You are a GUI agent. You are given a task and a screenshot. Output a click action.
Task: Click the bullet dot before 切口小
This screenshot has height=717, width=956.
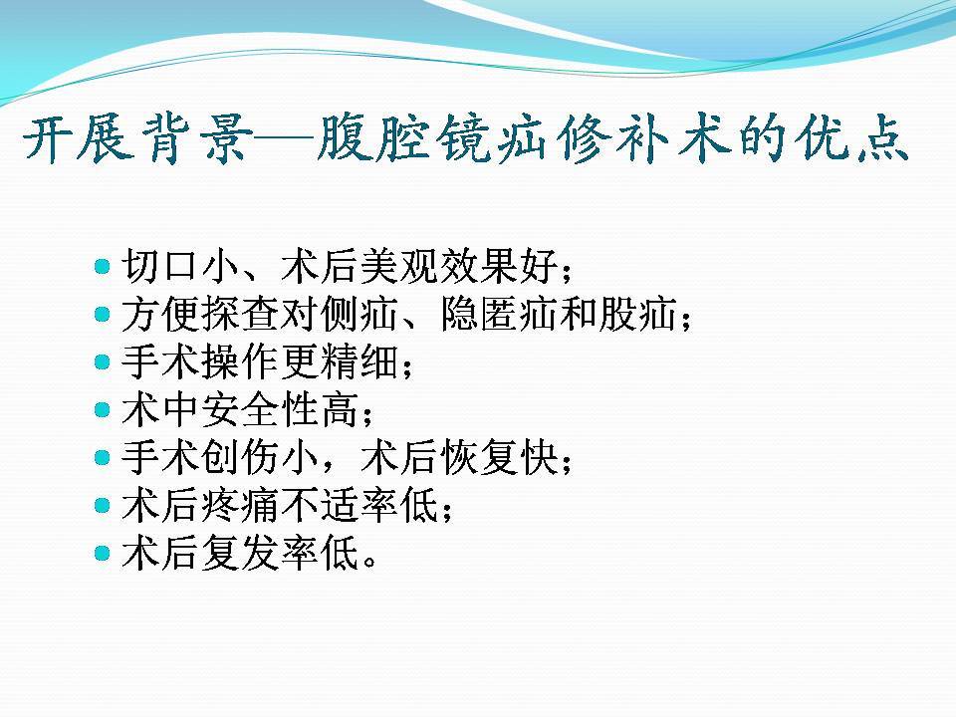point(103,267)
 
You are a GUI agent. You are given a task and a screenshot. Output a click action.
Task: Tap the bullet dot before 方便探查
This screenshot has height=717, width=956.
point(103,315)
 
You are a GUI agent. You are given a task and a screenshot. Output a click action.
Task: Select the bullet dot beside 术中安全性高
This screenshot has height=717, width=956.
point(103,409)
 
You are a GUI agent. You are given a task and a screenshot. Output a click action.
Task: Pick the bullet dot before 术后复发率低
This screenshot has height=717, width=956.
point(103,553)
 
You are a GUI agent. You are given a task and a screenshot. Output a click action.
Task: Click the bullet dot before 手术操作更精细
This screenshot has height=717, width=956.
point(103,362)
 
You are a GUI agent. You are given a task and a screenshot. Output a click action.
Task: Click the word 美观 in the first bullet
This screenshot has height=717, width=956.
point(400,267)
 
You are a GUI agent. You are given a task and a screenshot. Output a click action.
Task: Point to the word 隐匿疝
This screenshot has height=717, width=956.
point(500,315)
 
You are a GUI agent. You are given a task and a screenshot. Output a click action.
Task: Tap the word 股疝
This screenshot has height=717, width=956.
point(637,315)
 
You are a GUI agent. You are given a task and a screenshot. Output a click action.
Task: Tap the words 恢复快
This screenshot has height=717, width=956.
point(500,457)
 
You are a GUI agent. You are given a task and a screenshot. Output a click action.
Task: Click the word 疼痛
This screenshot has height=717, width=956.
point(240,506)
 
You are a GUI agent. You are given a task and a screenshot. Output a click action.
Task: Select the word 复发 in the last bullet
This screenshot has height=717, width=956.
point(240,553)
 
